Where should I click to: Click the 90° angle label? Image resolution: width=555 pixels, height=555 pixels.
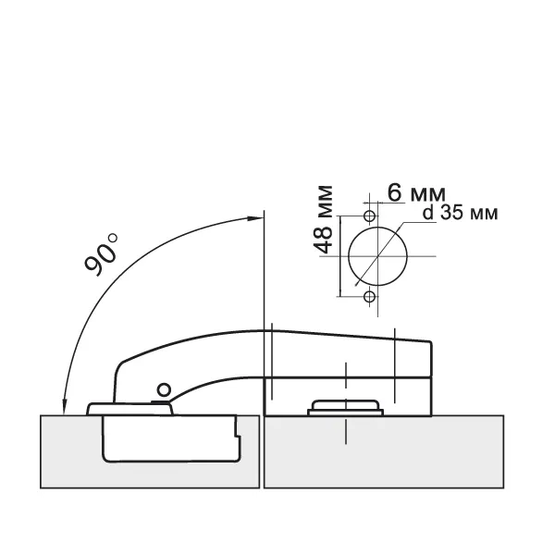(x=101, y=254)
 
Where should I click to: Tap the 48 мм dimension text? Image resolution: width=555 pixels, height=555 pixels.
(x=324, y=219)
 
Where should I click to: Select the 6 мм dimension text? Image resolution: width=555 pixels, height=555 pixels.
(x=416, y=193)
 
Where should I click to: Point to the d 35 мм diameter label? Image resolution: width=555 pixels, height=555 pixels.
(x=460, y=213)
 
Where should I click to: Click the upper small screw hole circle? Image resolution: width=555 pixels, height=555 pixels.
(x=369, y=216)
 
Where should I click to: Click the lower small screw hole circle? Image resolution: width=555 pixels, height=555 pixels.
(x=369, y=297)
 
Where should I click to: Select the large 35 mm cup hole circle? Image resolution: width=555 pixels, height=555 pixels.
(x=349, y=256)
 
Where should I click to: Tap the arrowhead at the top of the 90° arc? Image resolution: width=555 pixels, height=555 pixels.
(x=255, y=218)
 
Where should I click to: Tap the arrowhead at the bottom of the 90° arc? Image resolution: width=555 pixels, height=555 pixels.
(x=65, y=407)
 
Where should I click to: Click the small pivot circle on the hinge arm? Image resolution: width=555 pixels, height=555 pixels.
(x=164, y=390)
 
